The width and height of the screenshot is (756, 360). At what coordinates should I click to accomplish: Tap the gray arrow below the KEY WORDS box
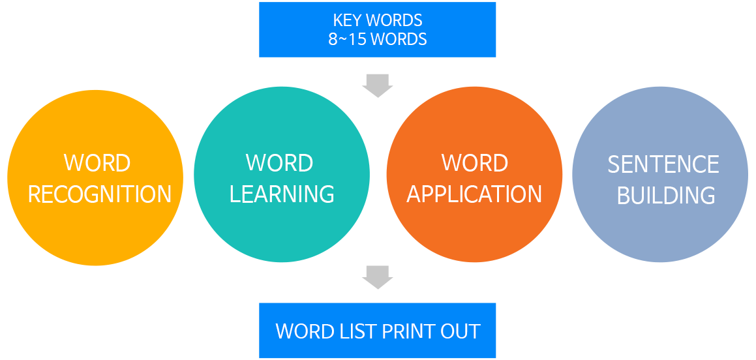(378, 86)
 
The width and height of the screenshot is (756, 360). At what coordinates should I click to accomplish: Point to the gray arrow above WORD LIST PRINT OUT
(378, 278)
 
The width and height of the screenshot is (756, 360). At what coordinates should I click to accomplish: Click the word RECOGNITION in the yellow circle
(100, 194)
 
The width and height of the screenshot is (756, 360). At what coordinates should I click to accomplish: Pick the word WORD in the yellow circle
(97, 163)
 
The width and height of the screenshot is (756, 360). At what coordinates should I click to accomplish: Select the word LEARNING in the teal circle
(282, 194)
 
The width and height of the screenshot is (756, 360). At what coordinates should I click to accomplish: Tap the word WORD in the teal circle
(279, 163)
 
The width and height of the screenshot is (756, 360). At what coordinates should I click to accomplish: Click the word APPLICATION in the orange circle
(474, 194)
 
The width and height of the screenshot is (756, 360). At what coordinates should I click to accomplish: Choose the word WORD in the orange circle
(475, 163)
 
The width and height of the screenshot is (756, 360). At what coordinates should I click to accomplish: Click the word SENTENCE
(663, 165)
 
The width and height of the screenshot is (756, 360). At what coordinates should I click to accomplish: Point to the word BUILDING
(666, 196)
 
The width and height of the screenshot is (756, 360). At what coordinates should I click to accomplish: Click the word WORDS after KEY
(395, 20)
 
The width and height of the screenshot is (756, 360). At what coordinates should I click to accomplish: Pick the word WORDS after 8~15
(399, 39)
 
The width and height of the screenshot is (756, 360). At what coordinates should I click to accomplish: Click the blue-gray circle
(660, 175)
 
